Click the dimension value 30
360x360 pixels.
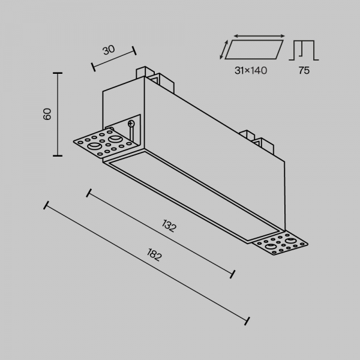pos(109,50)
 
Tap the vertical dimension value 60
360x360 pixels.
pos(48,114)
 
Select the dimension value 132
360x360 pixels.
pos(170,226)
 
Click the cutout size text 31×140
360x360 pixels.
pos(251,71)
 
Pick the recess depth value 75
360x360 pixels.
pos(304,71)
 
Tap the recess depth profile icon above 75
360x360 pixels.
pos(304,50)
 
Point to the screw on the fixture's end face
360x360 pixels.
pos(131,124)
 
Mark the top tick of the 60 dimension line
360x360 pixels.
pos(58,73)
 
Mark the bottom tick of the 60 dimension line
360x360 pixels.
pos(58,155)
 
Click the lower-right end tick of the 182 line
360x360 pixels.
pos(247,318)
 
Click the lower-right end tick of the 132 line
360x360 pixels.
pos(232,274)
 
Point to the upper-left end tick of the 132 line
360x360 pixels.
pos(89,193)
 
